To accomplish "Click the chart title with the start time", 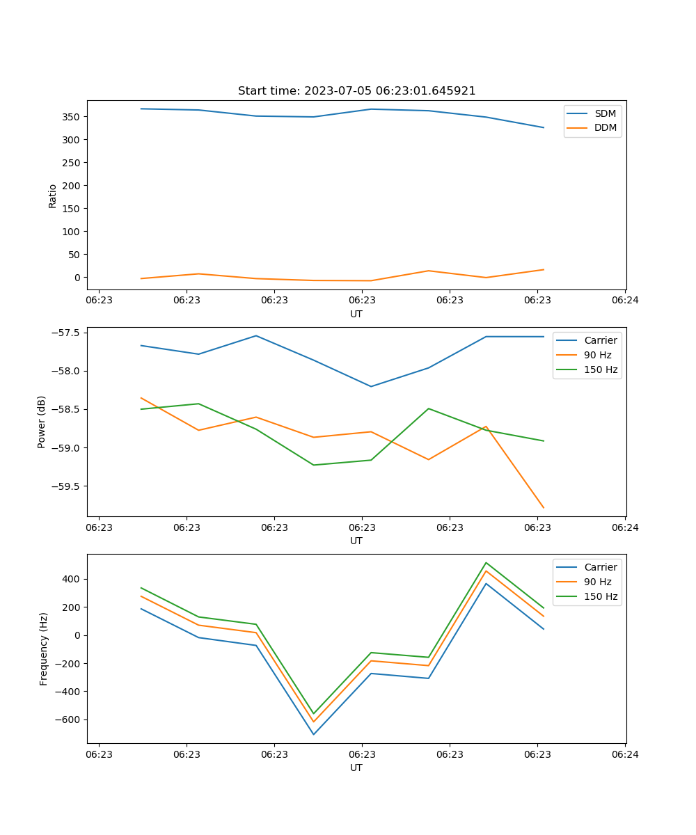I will click(356, 91).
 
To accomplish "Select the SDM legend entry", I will click(605, 113).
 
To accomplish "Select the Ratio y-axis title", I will click(53, 196).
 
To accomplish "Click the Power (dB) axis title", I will click(42, 422).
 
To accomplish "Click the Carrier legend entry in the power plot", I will click(600, 340).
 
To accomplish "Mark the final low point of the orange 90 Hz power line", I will click(544, 508).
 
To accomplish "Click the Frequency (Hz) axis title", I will click(44, 649).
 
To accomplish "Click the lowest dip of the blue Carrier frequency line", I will click(314, 734).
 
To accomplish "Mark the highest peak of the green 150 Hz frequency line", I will click(486, 563).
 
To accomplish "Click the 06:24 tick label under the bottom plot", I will click(625, 754).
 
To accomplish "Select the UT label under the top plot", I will click(356, 314).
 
